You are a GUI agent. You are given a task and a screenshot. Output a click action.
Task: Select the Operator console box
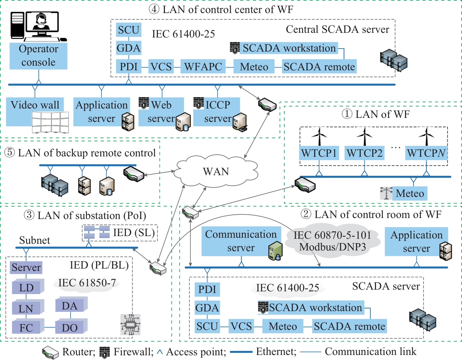pyautogui.click(x=38, y=56)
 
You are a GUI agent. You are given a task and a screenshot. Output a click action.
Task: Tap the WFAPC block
pyautogui.click(x=203, y=67)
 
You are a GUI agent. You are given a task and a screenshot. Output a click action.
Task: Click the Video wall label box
pyautogui.click(x=35, y=105)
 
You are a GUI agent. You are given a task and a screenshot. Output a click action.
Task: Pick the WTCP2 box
pyautogui.click(x=364, y=153)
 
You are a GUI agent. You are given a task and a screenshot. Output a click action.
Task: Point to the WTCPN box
pyautogui.click(x=426, y=153)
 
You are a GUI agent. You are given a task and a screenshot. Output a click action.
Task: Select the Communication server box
pyautogui.click(x=241, y=241)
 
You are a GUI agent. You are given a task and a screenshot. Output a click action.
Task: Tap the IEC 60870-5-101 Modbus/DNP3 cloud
pyautogui.click(x=333, y=241)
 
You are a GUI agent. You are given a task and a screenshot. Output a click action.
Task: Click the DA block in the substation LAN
pyautogui.click(x=70, y=306)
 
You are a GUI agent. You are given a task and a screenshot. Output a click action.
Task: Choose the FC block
pyautogui.click(x=26, y=328)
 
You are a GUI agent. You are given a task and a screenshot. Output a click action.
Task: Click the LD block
pyautogui.click(x=26, y=288)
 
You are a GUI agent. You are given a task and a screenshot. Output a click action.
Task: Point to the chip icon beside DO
pyautogui.click(x=130, y=325)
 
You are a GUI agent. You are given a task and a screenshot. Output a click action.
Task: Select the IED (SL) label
pyautogui.click(x=134, y=232)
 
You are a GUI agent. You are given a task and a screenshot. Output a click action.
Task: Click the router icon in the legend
pyautogui.click(x=50, y=352)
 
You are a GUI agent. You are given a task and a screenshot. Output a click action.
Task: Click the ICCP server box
pyautogui.click(x=217, y=112)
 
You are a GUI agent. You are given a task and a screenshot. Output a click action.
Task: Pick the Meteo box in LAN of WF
pyautogui.click(x=409, y=193)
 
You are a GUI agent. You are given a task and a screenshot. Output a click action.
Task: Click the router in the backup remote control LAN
pyautogui.click(x=133, y=174)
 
